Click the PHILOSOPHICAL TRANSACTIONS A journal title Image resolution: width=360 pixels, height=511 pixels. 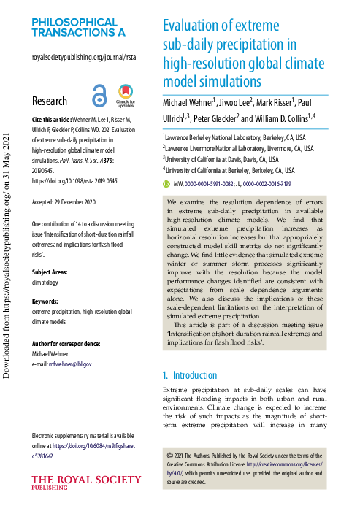coord(79,28)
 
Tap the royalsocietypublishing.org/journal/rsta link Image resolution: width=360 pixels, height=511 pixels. coord(84,57)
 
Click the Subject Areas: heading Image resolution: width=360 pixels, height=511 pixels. coord(53,252)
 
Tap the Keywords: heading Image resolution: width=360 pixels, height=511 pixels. coord(47,282)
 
